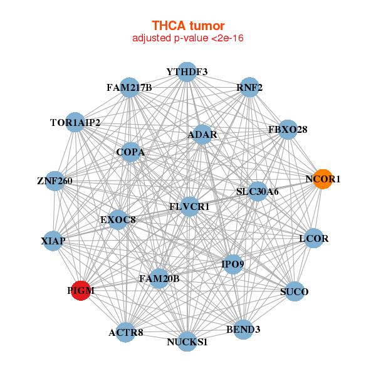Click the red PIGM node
(81, 291)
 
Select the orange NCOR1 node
(323, 179)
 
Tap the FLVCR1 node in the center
(189, 207)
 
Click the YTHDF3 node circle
(187, 71)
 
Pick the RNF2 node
(249, 88)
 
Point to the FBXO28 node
(288, 130)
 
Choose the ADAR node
(202, 135)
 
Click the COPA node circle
(130, 152)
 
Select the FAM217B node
(129, 88)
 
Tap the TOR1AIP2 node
(75, 123)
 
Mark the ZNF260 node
(55, 182)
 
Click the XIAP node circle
(53, 241)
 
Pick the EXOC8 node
(118, 220)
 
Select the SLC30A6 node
(257, 191)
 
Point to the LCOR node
(313, 239)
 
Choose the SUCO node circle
(295, 291)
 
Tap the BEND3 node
(244, 329)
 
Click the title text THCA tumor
(188, 26)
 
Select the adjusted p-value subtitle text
(188, 38)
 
